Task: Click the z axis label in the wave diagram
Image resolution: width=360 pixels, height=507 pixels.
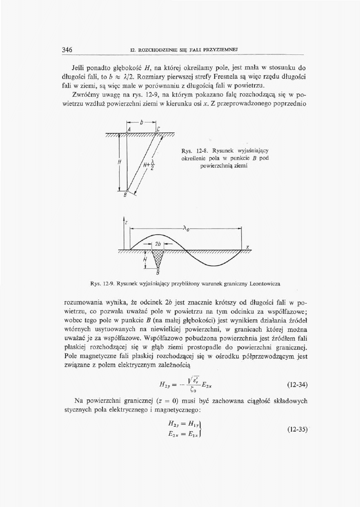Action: tap(126, 223)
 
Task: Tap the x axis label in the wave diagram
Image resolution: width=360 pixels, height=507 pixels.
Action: tap(248, 247)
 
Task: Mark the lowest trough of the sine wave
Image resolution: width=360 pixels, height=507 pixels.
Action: tap(214, 265)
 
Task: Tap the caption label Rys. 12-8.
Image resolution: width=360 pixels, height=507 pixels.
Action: tap(192, 151)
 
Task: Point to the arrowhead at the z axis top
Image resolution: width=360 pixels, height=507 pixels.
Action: tap(124, 218)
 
